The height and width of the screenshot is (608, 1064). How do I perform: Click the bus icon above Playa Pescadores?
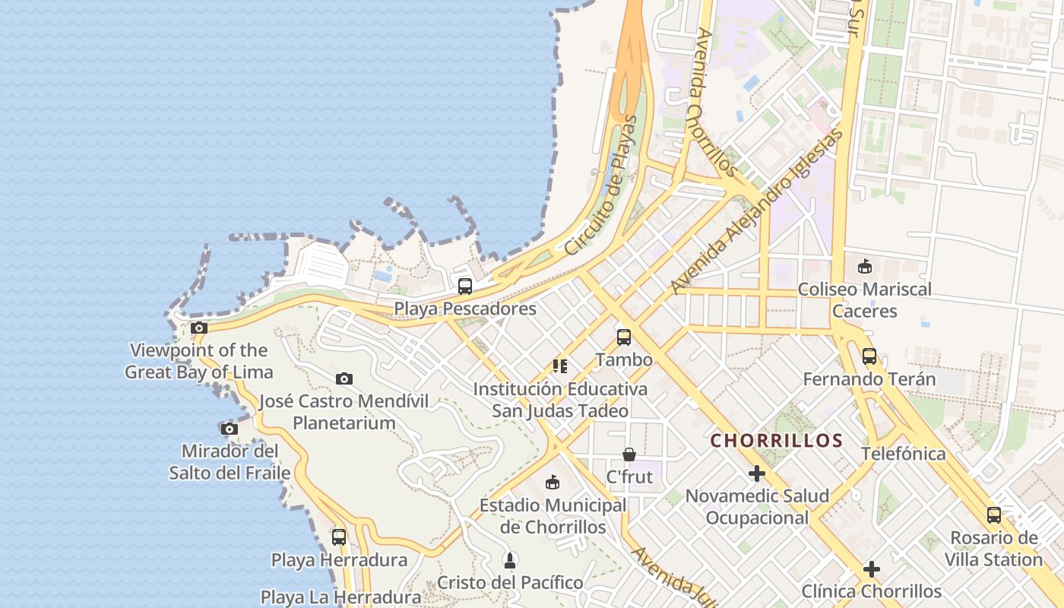pyautogui.click(x=464, y=287)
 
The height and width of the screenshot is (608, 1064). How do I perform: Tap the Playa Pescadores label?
pyautogui.click(x=465, y=309)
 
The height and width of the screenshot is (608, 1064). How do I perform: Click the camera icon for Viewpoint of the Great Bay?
pyautogui.click(x=199, y=328)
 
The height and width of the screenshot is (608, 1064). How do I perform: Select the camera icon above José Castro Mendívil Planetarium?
pyautogui.click(x=344, y=378)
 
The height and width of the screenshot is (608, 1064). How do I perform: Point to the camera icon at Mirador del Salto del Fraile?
pyautogui.click(x=229, y=429)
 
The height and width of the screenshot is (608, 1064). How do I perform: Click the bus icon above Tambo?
pyautogui.click(x=624, y=337)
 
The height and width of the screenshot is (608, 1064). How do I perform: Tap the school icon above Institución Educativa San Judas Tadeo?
pyautogui.click(x=560, y=366)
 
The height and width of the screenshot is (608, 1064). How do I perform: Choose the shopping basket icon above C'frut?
pyautogui.click(x=629, y=454)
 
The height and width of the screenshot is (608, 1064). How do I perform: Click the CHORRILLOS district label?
pyautogui.click(x=777, y=441)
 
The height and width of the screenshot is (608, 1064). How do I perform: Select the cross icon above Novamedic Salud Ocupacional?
pyautogui.click(x=757, y=474)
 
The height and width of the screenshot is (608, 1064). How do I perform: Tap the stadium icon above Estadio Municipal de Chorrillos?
pyautogui.click(x=553, y=483)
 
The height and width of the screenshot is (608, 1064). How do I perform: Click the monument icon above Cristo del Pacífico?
pyautogui.click(x=510, y=561)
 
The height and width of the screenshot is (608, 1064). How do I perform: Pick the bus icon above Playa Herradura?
pyautogui.click(x=339, y=537)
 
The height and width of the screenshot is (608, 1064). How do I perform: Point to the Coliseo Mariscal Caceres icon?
pyautogui.click(x=864, y=267)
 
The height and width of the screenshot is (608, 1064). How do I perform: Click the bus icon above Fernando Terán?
pyautogui.click(x=869, y=356)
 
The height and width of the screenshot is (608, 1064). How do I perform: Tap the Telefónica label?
pyautogui.click(x=904, y=454)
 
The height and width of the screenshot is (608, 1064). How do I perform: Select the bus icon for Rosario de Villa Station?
pyautogui.click(x=994, y=515)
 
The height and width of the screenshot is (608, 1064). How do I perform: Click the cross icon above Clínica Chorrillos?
pyautogui.click(x=872, y=568)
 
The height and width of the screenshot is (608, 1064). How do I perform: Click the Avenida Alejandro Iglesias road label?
pyautogui.click(x=757, y=211)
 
